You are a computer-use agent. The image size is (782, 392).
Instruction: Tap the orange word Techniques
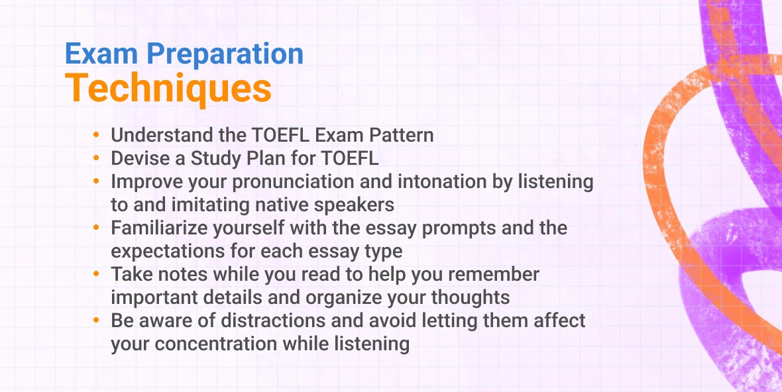click(168, 89)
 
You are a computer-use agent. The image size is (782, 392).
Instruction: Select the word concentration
click(222, 344)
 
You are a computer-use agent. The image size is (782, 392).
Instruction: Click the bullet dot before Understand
click(97, 135)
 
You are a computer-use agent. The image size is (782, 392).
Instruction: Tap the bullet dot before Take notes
click(97, 274)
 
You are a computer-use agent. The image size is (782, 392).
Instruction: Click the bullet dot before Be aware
click(97, 321)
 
